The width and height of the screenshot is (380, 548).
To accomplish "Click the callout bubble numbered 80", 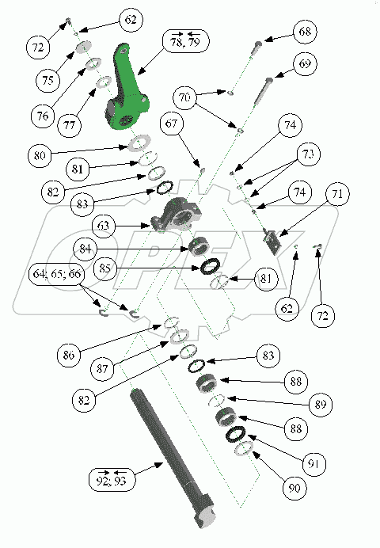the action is pyautogui.click(x=40, y=155).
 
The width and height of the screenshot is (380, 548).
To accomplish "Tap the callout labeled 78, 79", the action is pyautogui.click(x=186, y=41).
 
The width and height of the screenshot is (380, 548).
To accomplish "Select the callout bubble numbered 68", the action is pyautogui.click(x=305, y=32).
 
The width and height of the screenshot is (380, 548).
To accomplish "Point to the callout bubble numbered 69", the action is pyautogui.click(x=305, y=63).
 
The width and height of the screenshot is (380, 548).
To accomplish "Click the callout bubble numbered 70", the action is pyautogui.click(x=184, y=97).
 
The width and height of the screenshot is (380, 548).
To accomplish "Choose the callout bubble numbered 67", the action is pyautogui.click(x=172, y=124).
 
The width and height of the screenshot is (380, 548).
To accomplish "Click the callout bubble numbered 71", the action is pyautogui.click(x=337, y=193).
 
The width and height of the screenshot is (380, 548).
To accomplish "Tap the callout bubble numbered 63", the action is pyautogui.click(x=103, y=226).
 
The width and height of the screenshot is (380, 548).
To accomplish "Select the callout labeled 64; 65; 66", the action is pyautogui.click(x=56, y=274).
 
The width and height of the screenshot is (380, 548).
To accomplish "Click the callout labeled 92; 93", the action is pyautogui.click(x=111, y=478).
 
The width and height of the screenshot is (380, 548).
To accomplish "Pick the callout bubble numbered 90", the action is pyautogui.click(x=294, y=488).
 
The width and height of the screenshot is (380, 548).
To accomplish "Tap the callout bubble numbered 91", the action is pyautogui.click(x=314, y=464).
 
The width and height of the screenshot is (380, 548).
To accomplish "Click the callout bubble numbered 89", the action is pyautogui.click(x=321, y=405).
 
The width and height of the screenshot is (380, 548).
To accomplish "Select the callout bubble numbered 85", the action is pyautogui.click(x=104, y=268).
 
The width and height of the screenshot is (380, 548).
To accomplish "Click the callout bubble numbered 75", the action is pyautogui.click(x=47, y=80).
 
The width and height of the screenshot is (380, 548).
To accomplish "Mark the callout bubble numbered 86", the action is pyautogui.click(x=69, y=355).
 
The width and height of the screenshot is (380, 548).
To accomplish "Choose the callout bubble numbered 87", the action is pyautogui.click(x=102, y=368).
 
